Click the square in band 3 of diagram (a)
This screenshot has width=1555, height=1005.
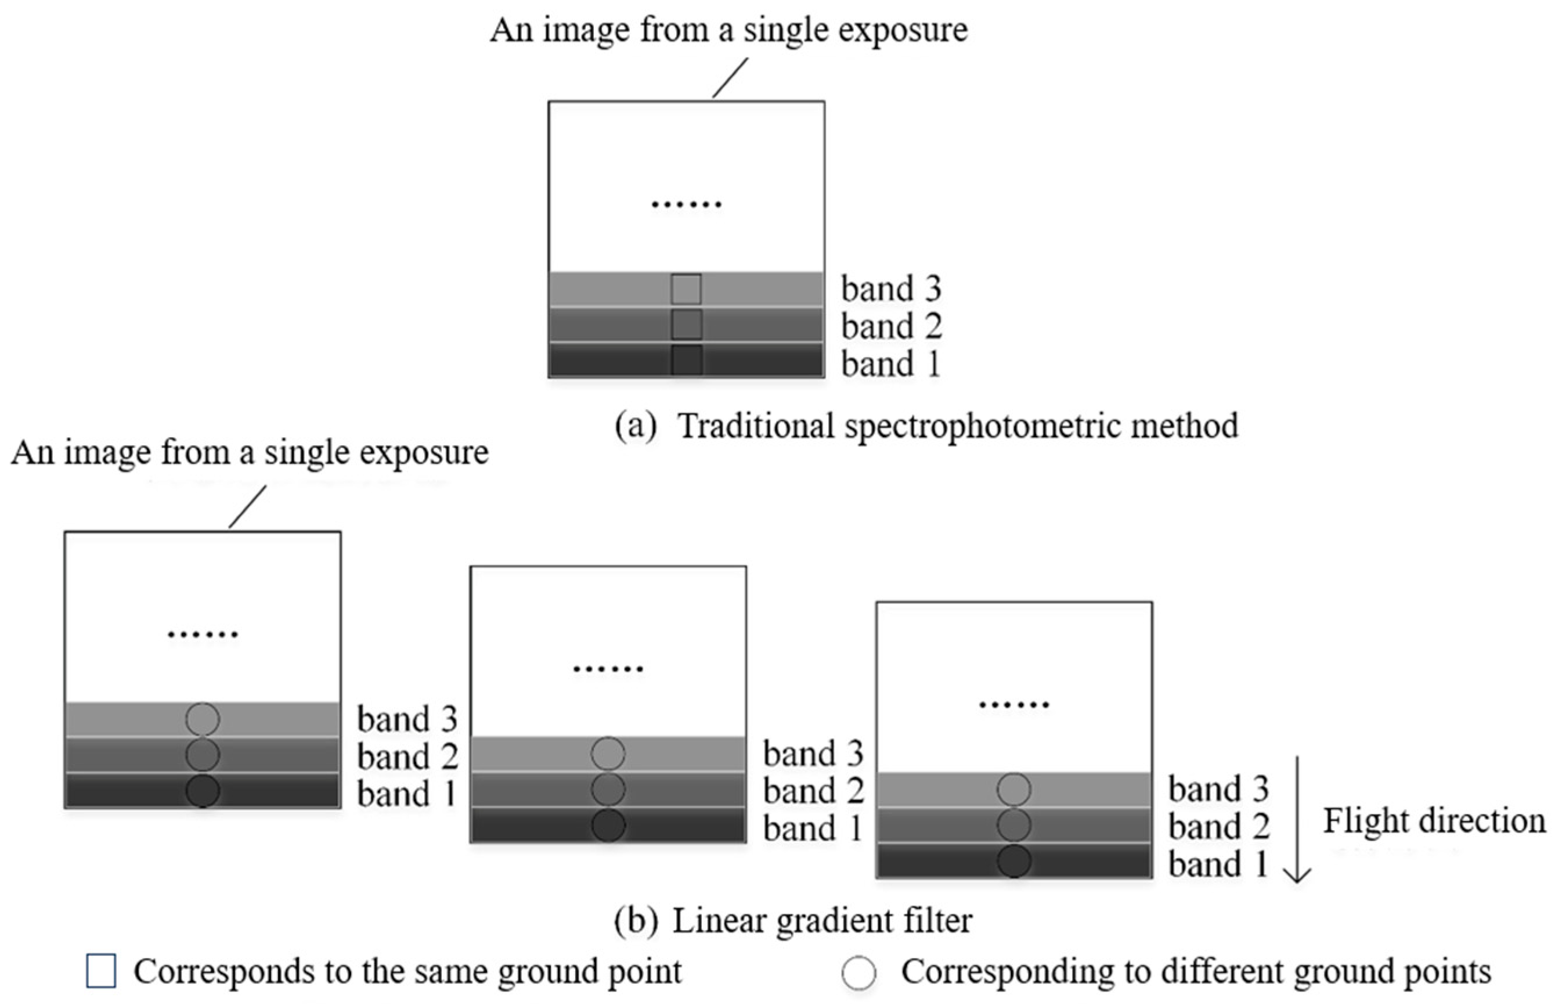point(686,289)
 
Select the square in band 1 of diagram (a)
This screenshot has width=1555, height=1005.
point(686,360)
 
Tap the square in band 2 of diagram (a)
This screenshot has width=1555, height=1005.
point(686,325)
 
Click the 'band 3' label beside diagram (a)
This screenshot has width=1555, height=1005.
point(891,289)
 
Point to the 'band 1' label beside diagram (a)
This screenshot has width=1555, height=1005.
point(891,364)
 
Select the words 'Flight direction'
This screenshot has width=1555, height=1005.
point(1434,820)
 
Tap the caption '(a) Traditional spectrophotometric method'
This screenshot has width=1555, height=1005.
point(926,426)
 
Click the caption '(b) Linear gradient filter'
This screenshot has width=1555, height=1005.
point(792,921)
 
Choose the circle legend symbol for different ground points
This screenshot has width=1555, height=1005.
point(858,973)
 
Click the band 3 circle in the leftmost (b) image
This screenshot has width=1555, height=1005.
point(202,719)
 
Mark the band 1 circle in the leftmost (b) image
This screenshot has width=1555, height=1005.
point(202,791)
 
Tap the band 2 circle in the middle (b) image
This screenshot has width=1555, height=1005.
point(608,789)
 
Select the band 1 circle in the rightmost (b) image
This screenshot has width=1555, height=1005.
point(1013,861)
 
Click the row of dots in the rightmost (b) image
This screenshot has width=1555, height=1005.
point(1013,704)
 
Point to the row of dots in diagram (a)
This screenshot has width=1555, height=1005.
point(686,204)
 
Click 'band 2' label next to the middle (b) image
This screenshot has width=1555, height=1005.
point(813,791)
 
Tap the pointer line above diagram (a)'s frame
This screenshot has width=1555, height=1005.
point(730,78)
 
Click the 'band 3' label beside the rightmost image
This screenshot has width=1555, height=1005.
point(1218,789)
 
